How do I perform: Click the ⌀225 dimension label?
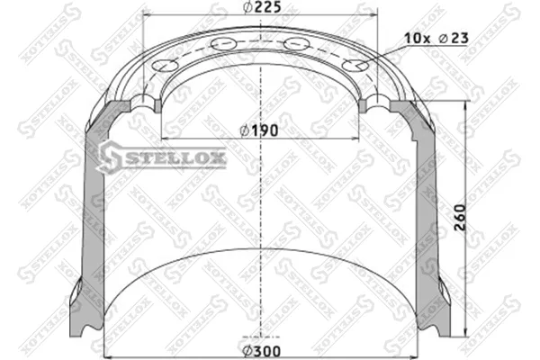tap(262, 7)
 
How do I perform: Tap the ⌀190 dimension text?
tap(259, 130)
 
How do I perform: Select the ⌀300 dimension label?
tap(261, 351)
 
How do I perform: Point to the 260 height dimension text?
tap(460, 217)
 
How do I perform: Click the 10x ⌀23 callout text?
tap(436, 38)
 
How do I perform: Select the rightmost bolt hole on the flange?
tap(355, 65)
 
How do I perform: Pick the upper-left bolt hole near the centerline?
tap(224, 44)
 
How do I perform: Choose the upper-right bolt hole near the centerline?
tap(297, 43)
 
